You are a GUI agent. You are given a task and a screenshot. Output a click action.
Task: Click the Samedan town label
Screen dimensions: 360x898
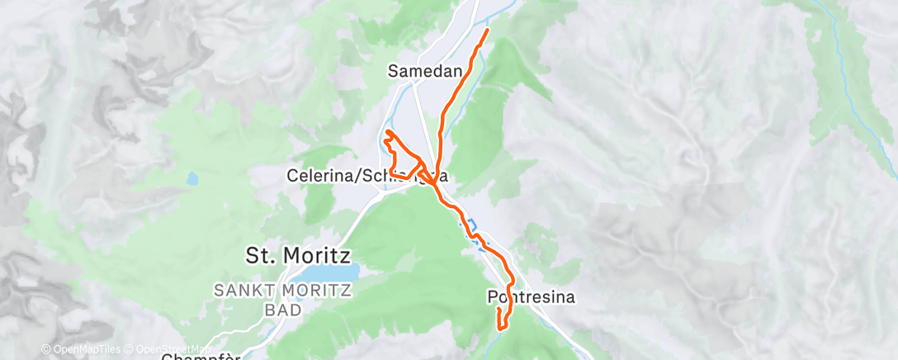tap(424, 72)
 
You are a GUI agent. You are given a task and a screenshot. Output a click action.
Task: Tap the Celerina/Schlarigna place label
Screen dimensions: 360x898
tap(367, 176)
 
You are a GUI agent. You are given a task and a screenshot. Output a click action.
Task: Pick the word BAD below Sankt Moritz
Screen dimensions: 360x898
tap(281, 310)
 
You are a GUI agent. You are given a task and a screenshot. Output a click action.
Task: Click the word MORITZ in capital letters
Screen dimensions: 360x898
tap(317, 291)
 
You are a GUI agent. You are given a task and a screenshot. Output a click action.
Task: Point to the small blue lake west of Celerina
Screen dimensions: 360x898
tap(192, 178)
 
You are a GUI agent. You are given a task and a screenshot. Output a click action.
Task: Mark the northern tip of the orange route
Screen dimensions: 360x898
tap(487, 31)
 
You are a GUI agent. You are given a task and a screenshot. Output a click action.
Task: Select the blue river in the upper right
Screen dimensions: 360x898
tap(858, 91)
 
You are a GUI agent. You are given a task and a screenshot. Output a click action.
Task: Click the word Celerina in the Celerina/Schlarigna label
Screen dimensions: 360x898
tap(319, 176)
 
